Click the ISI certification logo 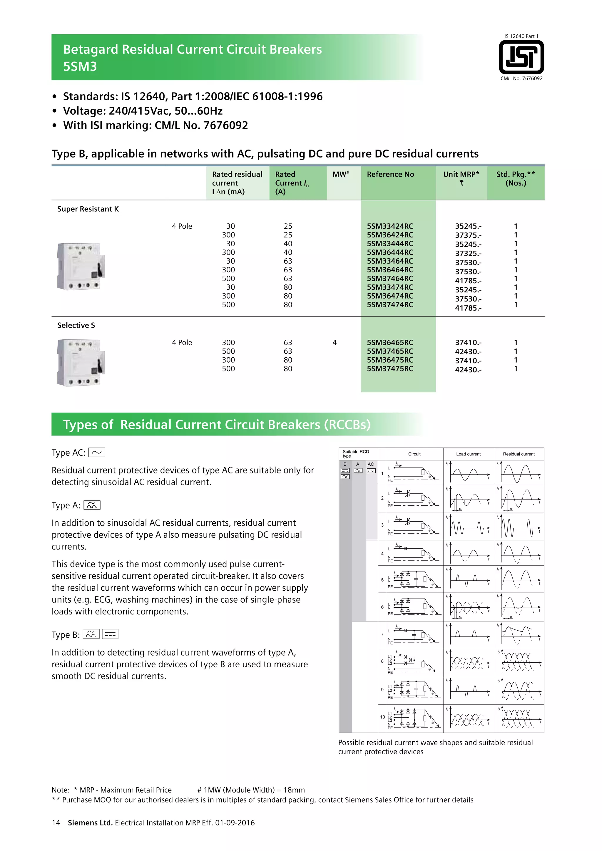point(521,57)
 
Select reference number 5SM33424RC point(390,226)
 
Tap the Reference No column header point(390,174)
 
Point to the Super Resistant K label point(88,209)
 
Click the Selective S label point(76,325)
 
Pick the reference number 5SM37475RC point(390,369)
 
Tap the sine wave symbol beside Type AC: point(97,453)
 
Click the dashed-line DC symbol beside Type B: point(110,634)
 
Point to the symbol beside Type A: point(92,505)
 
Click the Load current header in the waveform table point(468,454)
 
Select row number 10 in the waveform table point(382,717)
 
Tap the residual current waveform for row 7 point(519,634)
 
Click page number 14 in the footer point(56,823)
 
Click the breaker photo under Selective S point(81,363)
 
